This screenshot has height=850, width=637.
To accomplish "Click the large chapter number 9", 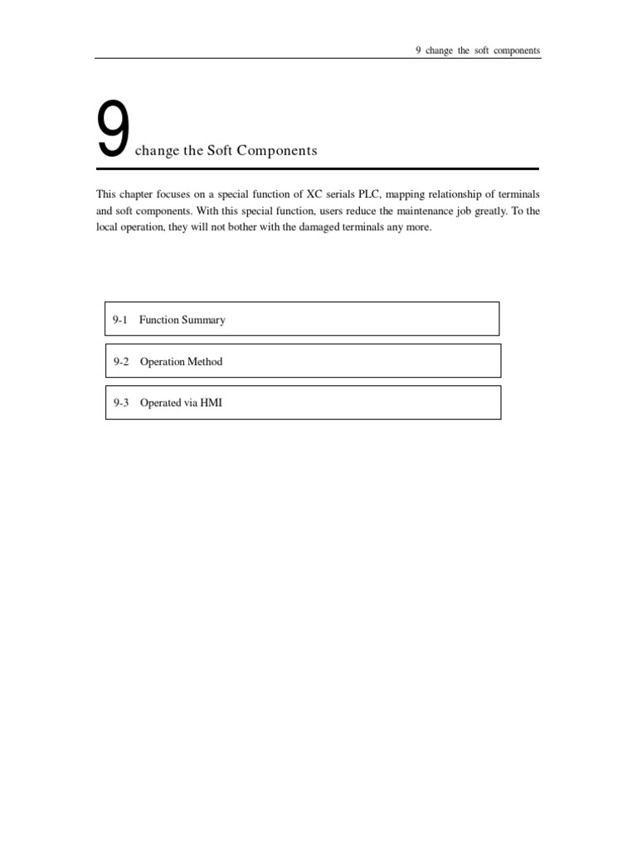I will point(112,130).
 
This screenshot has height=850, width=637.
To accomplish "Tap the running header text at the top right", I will point(477,51).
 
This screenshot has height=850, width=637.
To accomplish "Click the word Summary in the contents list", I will point(204,320).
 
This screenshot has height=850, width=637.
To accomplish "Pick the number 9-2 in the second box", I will point(121,362).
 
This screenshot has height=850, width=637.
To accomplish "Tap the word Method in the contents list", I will point(204,362).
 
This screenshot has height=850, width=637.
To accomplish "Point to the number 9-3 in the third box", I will point(121,403).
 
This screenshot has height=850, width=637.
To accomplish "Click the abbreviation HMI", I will point(212,403).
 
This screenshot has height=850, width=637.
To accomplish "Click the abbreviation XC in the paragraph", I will point(314,194).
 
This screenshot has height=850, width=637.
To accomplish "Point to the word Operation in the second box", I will point(163,362).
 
